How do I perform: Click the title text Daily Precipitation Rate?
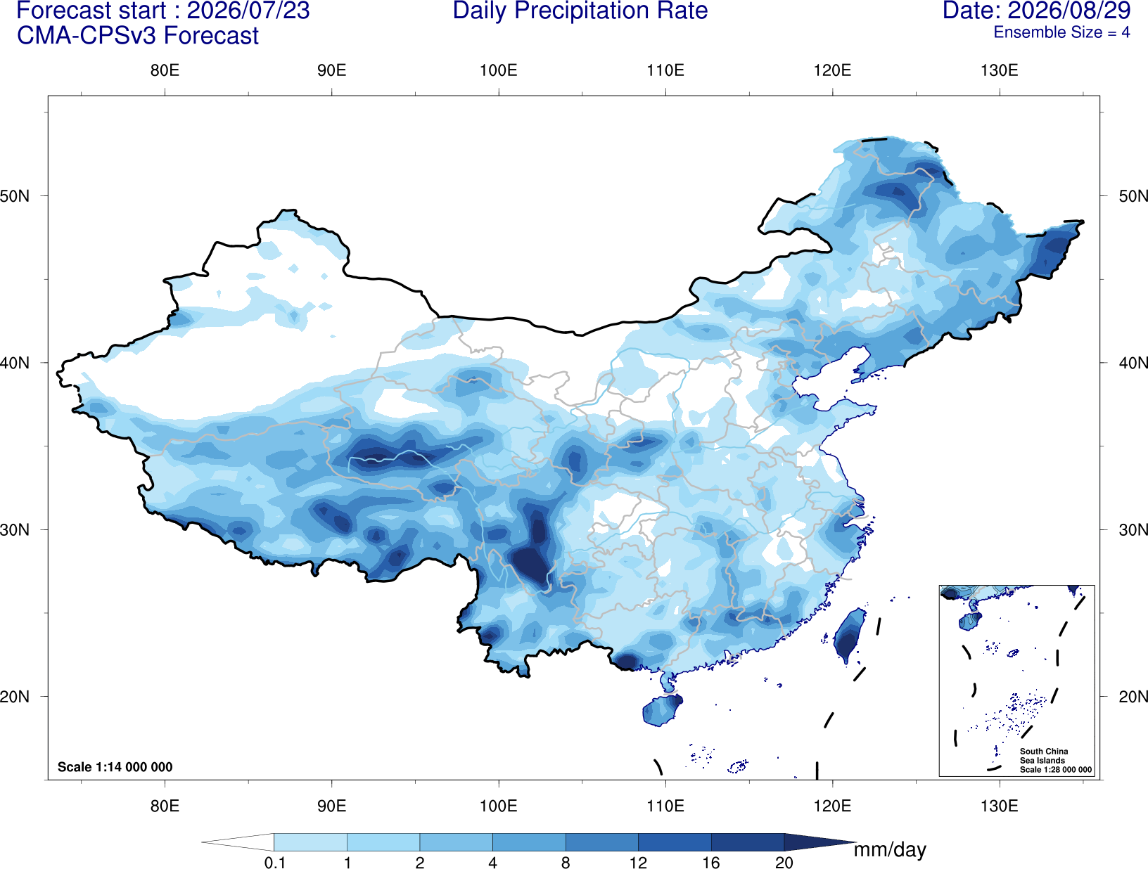pyautogui.click(x=580, y=11)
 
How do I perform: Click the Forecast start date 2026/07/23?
pyautogui.click(x=248, y=11)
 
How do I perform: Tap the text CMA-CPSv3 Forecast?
pyautogui.click(x=138, y=36)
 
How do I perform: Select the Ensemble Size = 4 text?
pyautogui.click(x=1061, y=32)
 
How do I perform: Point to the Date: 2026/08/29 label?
pyautogui.click(x=1036, y=11)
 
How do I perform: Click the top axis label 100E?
pyautogui.click(x=499, y=70)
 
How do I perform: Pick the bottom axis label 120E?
pyautogui.click(x=832, y=805)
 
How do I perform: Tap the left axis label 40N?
pyautogui.click(x=15, y=363)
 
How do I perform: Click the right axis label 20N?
pyautogui.click(x=1133, y=697)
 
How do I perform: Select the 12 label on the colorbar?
pyautogui.click(x=638, y=862)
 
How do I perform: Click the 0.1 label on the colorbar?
pyautogui.click(x=274, y=862)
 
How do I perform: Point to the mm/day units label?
pyautogui.click(x=890, y=850)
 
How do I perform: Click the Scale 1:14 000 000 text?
pyautogui.click(x=115, y=766)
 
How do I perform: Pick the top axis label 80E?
pyautogui.click(x=165, y=70)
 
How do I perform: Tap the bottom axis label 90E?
pyautogui.click(x=331, y=805)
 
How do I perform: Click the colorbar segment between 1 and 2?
pyautogui.click(x=383, y=842)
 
